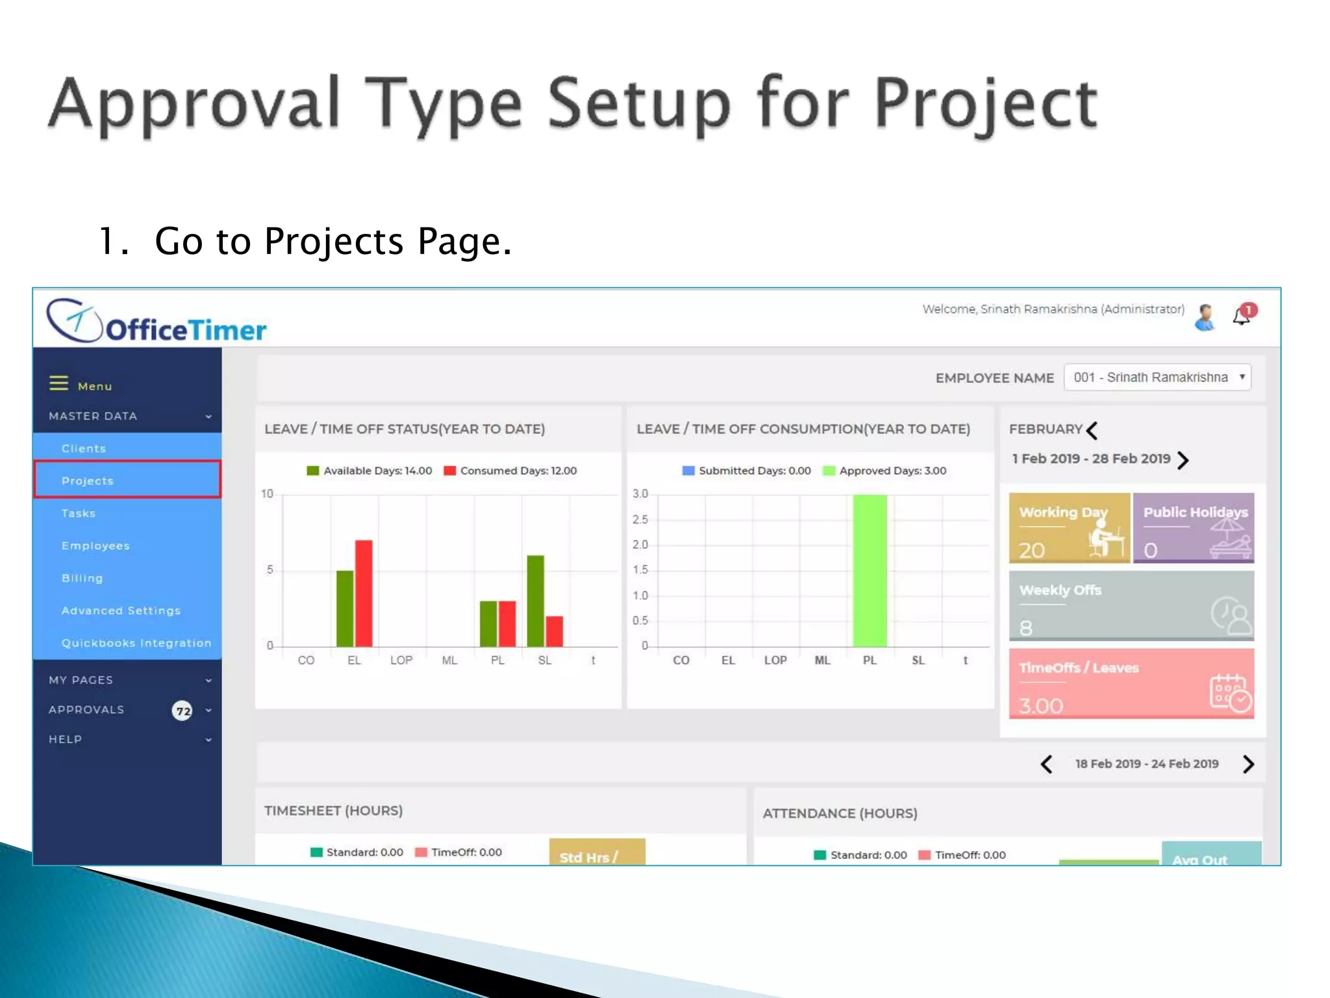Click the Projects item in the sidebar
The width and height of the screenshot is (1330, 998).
(127, 481)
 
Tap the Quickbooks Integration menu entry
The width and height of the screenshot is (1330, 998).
(136, 643)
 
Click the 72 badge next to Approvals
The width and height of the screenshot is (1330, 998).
(182, 711)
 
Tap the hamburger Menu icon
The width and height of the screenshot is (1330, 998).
(58, 383)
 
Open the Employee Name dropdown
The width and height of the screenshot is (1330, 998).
(1157, 377)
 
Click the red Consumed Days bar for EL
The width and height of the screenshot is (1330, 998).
(364, 593)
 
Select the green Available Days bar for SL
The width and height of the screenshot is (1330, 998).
(535, 600)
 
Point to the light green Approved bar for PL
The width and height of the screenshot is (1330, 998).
(870, 570)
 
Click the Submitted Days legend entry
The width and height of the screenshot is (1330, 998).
(747, 470)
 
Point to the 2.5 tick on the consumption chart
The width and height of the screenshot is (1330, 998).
(640, 519)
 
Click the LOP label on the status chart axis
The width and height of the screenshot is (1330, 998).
(401, 660)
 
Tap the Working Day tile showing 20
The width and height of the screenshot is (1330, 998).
(1069, 528)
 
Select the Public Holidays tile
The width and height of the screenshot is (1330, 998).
(1193, 528)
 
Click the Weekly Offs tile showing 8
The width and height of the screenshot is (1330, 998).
(1131, 606)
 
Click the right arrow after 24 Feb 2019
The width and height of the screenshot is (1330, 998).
(1248, 764)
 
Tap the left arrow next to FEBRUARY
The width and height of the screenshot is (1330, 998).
(1092, 430)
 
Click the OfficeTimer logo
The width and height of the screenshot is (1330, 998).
(157, 322)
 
